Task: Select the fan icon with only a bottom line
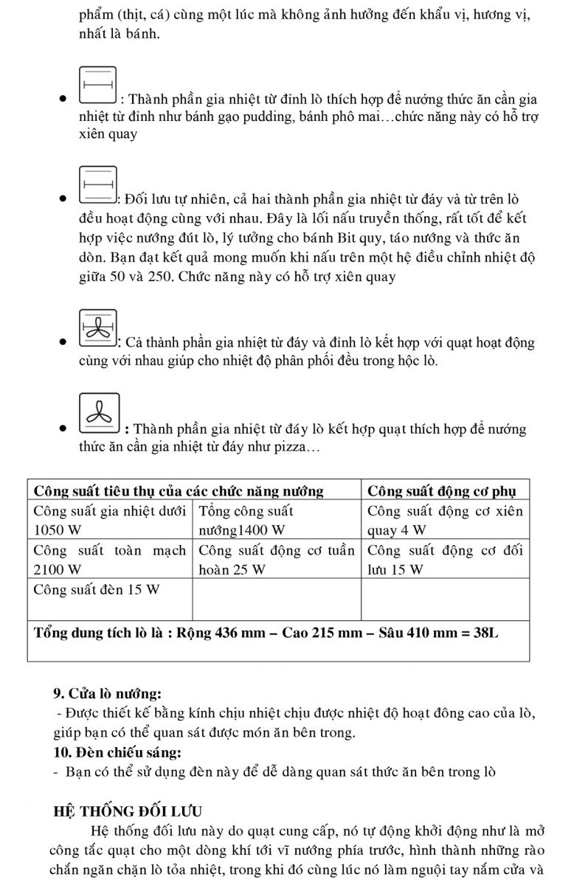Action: [x=98, y=412]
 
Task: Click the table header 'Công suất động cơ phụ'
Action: [x=447, y=491]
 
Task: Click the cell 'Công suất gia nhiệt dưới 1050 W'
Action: [x=110, y=520]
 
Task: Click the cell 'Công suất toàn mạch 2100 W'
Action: [x=110, y=559]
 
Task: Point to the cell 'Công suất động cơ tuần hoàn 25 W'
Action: [x=277, y=559]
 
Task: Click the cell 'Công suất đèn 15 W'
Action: [x=97, y=589]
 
